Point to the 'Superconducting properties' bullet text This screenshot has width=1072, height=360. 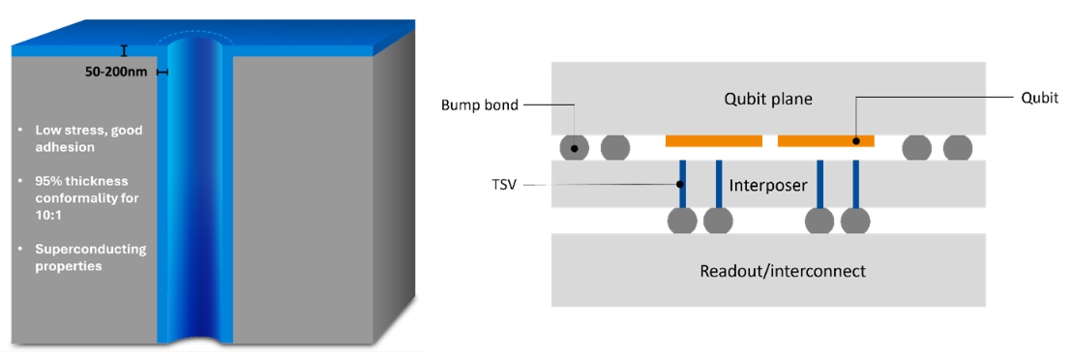pyautogui.click(x=91, y=257)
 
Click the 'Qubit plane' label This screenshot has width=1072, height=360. pyautogui.click(x=768, y=99)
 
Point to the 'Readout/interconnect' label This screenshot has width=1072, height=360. pyautogui.click(x=782, y=271)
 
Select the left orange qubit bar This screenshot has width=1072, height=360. pyautogui.click(x=714, y=140)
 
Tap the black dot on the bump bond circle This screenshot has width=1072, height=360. pyautogui.click(x=575, y=147)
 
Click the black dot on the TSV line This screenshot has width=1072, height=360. pyautogui.click(x=679, y=184)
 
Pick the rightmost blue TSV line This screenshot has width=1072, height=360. pyautogui.click(x=855, y=185)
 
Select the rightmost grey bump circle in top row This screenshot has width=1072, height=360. pyautogui.click(x=958, y=147)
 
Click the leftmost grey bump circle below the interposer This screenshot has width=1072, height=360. pyautogui.click(x=682, y=221)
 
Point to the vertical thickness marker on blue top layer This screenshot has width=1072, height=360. pyautogui.click(x=124, y=50)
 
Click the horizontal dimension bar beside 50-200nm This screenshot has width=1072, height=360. pyautogui.click(x=162, y=72)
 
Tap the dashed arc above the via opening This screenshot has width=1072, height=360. pyautogui.click(x=195, y=39)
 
